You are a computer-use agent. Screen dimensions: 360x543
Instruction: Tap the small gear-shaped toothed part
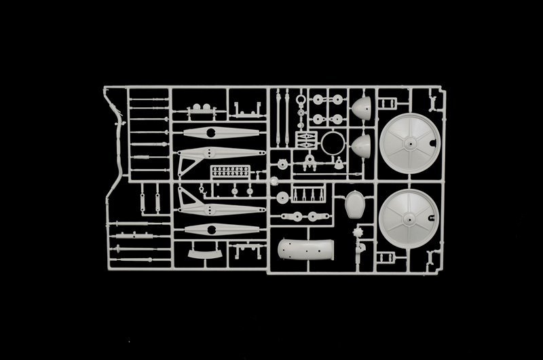click(360, 238)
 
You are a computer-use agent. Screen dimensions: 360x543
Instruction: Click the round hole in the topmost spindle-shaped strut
click(210, 131)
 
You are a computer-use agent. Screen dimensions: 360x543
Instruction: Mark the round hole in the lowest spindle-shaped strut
click(211, 228)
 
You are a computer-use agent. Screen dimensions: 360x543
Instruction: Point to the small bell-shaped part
click(338, 164)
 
